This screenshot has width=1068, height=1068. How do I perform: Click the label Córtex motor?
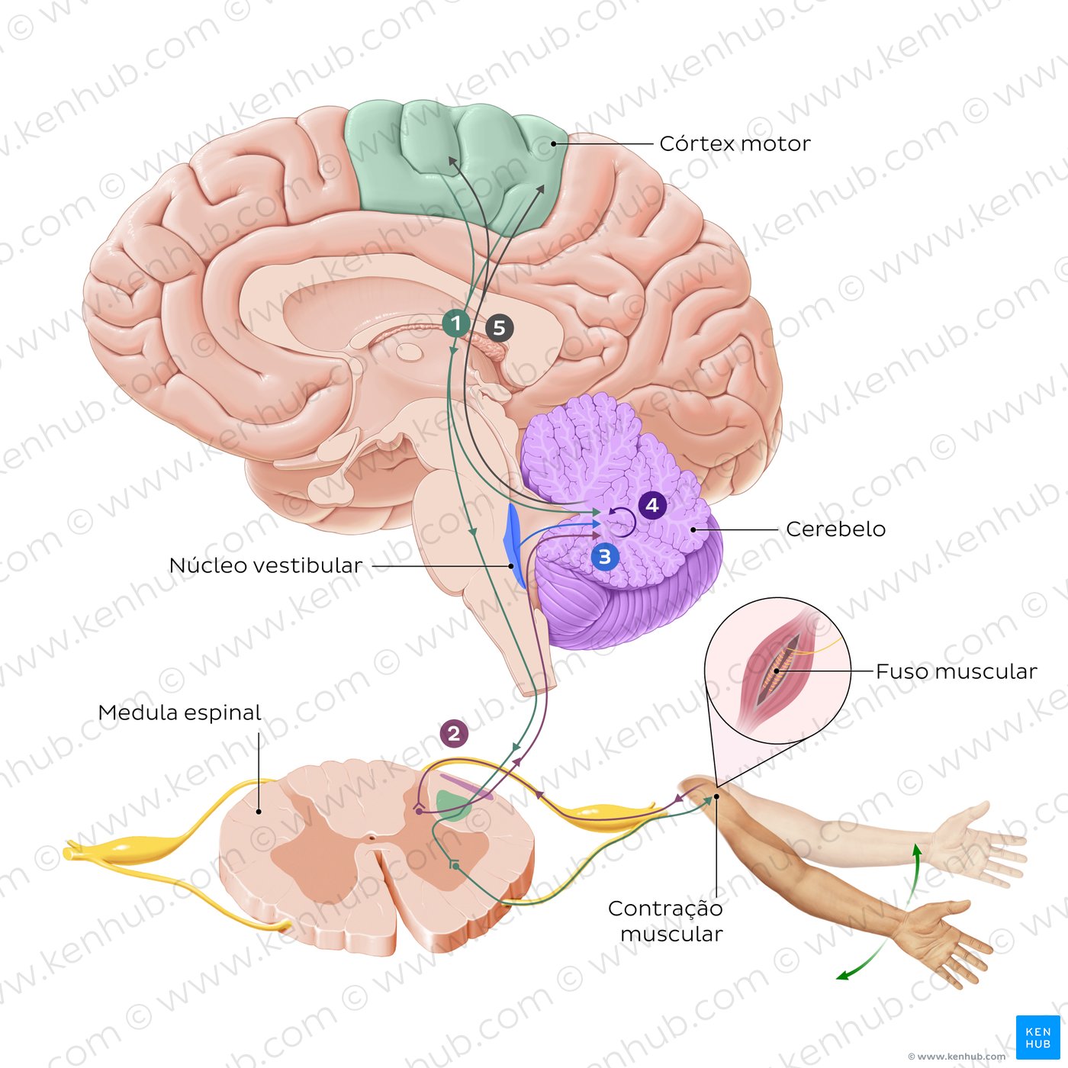pyautogui.click(x=734, y=143)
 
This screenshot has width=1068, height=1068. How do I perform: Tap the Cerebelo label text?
pyautogui.click(x=835, y=529)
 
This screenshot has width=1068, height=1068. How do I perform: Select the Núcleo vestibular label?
pyautogui.click(x=265, y=565)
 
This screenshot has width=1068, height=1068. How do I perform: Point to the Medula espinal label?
pyautogui.click(x=179, y=713)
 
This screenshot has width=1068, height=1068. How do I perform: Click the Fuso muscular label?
pyautogui.click(x=956, y=671)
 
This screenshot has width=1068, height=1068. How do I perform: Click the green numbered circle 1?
pyautogui.click(x=456, y=323)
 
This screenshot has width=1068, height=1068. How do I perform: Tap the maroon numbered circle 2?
pyautogui.click(x=454, y=734)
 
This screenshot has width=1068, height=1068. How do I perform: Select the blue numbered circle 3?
pyautogui.click(x=605, y=557)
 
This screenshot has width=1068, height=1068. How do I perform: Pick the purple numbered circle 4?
pyautogui.click(x=651, y=505)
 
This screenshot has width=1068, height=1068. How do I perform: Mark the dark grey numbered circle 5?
pyautogui.click(x=499, y=328)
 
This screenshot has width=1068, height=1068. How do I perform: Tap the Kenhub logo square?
pyautogui.click(x=1037, y=1037)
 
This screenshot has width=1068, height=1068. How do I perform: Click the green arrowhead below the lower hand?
pyautogui.click(x=841, y=976)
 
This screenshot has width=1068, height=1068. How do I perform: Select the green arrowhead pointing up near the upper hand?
pyautogui.click(x=918, y=848)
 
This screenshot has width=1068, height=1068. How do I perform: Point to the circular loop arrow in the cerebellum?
pyautogui.click(x=622, y=521)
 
